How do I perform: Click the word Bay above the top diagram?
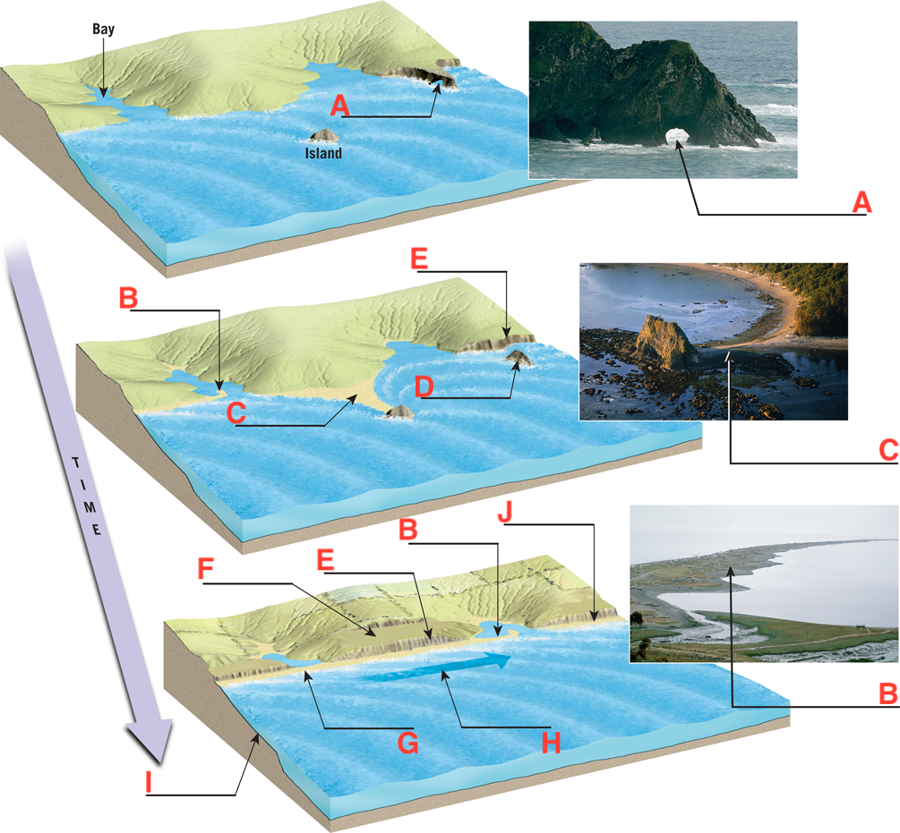tap(103, 30)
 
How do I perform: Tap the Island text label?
tap(322, 153)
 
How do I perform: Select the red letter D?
tap(424, 388)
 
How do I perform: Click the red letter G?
tap(407, 742)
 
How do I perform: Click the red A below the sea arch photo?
tap(861, 203)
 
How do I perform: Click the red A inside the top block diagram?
tap(339, 106)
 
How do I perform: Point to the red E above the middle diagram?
tap(419, 260)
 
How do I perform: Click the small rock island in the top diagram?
tap(323, 135)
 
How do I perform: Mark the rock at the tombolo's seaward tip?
tap(399, 412)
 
